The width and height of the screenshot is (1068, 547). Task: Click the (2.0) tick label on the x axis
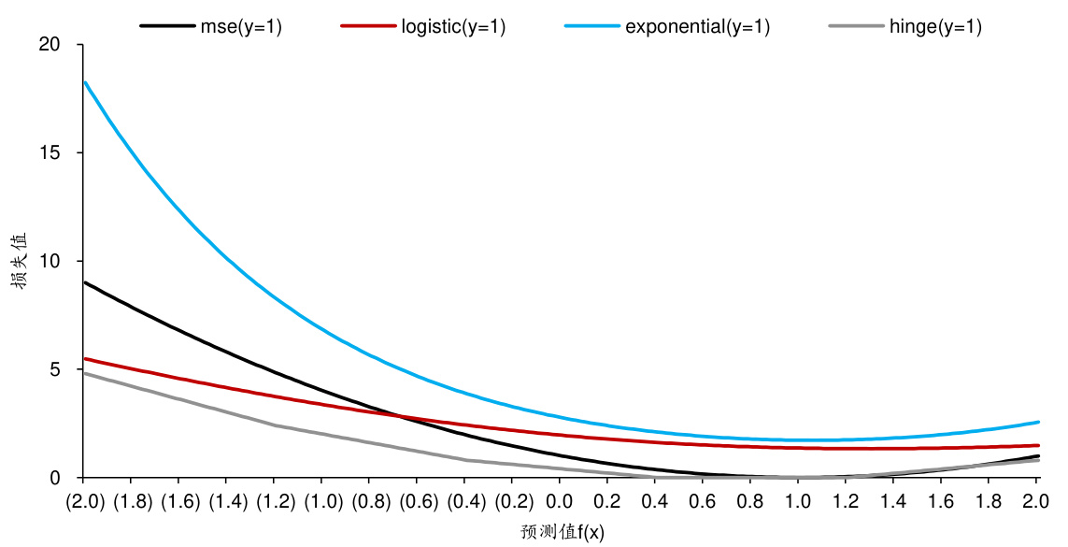coord(84,502)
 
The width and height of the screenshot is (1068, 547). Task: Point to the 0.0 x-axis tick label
coord(560,502)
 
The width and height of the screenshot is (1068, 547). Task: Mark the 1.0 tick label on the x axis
coord(798,502)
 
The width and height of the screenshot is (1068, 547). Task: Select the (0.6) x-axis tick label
coord(418,502)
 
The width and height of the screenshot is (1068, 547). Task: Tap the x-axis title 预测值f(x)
coord(562,533)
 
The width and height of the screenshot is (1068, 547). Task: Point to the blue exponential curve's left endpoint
coord(85,82)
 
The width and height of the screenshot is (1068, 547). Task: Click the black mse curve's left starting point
coord(85,282)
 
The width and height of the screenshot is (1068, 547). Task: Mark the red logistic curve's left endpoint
coord(85,358)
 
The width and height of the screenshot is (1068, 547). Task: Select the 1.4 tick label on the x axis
coord(892,502)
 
